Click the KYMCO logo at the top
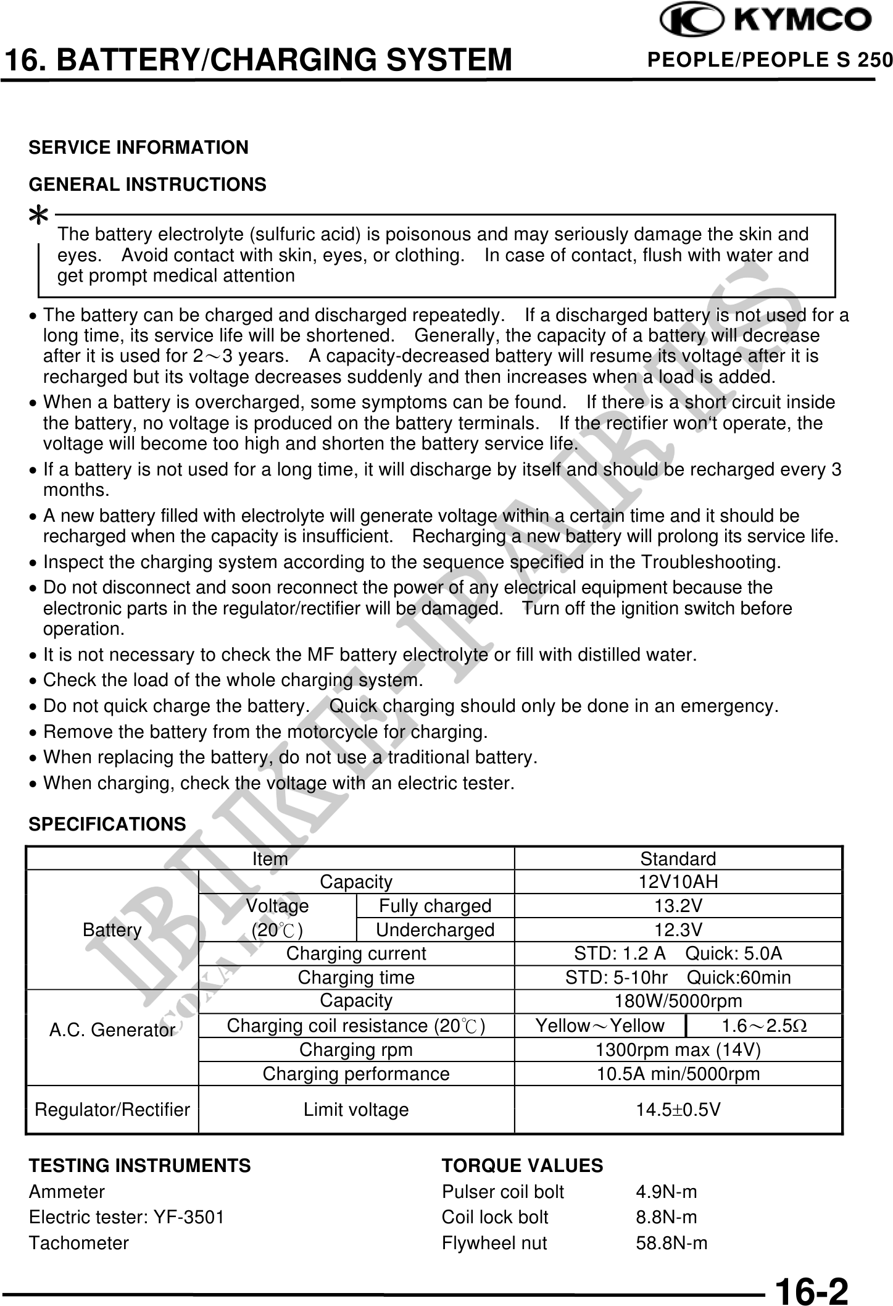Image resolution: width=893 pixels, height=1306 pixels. pyautogui.click(x=766, y=21)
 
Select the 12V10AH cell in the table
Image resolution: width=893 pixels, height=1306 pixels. pyautogui.click(x=678, y=882)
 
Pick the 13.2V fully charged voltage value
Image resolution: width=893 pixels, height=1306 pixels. pyautogui.click(x=678, y=906)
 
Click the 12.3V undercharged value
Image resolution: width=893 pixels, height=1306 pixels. pyautogui.click(x=678, y=930)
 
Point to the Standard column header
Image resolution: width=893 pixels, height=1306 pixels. pyautogui.click(x=678, y=859)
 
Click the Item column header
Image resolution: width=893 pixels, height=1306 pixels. pyautogui.click(x=270, y=859)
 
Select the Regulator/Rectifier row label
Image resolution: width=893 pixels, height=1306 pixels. pyautogui.click(x=112, y=1110)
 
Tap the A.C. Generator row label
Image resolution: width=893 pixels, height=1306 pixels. pyautogui.click(x=112, y=1030)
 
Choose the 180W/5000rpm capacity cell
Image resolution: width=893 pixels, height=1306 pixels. pyautogui.click(x=678, y=1002)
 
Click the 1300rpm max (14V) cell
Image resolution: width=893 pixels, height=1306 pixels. pyautogui.click(x=678, y=1050)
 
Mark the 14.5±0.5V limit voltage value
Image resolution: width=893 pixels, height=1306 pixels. pyautogui.click(x=678, y=1110)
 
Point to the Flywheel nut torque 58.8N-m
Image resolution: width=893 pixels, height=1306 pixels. pyautogui.click(x=671, y=1242)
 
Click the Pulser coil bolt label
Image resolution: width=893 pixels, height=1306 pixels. pyautogui.click(x=502, y=1192)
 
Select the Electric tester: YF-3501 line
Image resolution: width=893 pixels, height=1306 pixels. pyautogui.click(x=127, y=1217)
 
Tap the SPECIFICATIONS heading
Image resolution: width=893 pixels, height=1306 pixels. pyautogui.click(x=107, y=824)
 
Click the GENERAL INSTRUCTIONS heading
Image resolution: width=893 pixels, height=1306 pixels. pyautogui.click(x=147, y=184)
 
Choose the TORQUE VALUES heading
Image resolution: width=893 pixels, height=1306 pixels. pyautogui.click(x=522, y=1165)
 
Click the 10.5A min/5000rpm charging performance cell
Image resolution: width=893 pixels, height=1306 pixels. pyautogui.click(x=678, y=1074)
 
